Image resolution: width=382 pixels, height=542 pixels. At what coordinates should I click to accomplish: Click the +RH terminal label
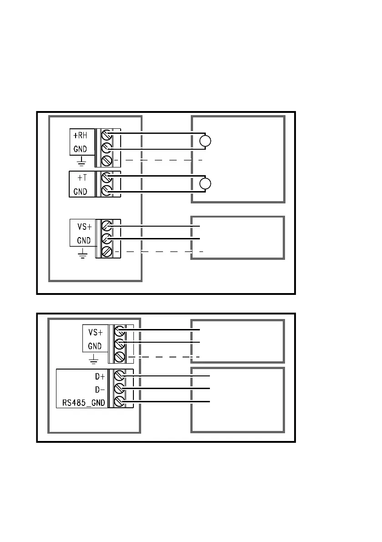tap(80, 135)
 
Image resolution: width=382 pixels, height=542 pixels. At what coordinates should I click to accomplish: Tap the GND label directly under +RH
tap(80, 149)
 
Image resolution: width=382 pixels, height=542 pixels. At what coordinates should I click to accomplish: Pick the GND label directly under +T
tap(80, 191)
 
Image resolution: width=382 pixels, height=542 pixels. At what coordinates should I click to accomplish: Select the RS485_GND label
tap(84, 402)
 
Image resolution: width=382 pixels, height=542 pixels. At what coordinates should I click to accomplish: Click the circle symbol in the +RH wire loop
tap(205, 141)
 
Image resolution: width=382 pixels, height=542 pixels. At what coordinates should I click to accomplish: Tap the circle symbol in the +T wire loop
tap(205, 183)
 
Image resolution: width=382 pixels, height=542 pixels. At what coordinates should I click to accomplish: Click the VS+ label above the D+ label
tap(95, 332)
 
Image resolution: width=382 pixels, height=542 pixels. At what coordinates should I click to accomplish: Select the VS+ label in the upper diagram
tap(83, 226)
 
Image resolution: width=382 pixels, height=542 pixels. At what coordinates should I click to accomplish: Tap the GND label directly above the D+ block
tap(95, 346)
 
